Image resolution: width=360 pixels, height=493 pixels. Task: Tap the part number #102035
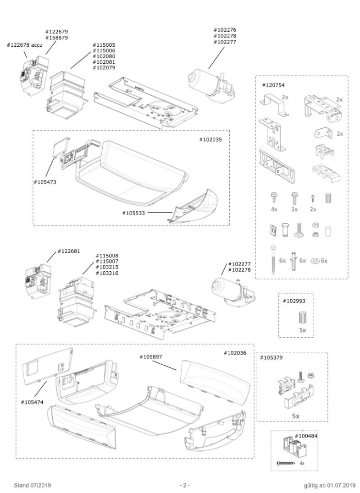pyautogui.click(x=210, y=140)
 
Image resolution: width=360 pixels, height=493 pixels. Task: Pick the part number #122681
pyautogui.click(x=69, y=252)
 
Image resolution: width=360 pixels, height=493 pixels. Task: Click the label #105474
pyautogui.click(x=33, y=402)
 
